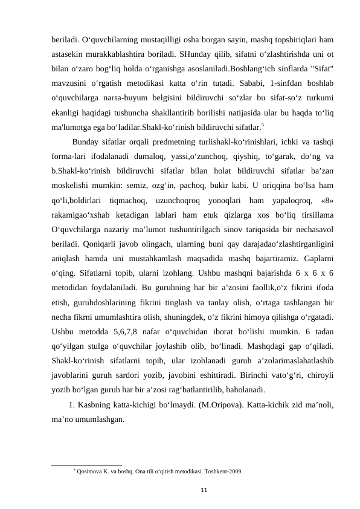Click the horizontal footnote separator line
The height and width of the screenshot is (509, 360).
[x=87, y=464]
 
